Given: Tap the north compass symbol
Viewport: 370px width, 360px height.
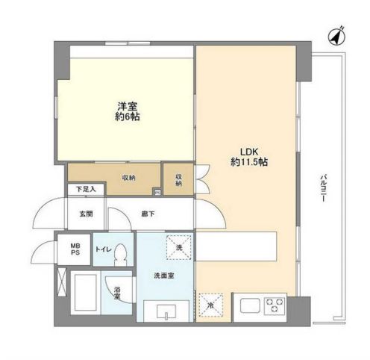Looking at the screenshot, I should tap(336, 34).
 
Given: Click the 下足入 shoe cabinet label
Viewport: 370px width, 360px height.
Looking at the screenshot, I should tap(87, 190).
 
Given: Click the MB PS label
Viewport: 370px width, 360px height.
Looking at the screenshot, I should tap(75, 249).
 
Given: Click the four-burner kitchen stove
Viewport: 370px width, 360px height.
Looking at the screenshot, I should tap(274, 305).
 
